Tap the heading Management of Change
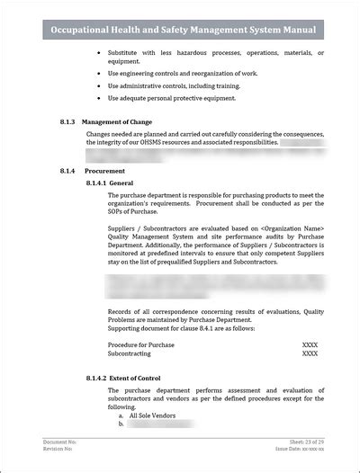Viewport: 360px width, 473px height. pos(116,122)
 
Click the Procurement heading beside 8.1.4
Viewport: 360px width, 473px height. pos(104,171)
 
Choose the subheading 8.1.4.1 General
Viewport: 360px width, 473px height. pos(111,183)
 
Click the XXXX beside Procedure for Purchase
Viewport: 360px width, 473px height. pos(310,344)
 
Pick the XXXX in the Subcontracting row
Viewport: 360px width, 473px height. pos(310,353)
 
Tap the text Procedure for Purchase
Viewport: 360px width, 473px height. pos(141,344)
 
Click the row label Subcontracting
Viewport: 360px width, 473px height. pos(132,353)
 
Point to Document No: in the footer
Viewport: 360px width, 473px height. pos(60,442)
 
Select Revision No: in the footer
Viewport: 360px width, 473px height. pos(59,450)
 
